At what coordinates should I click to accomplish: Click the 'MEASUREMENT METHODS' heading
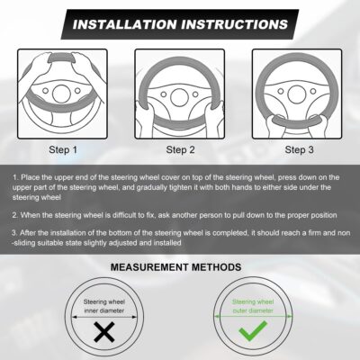pos(180,267)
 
